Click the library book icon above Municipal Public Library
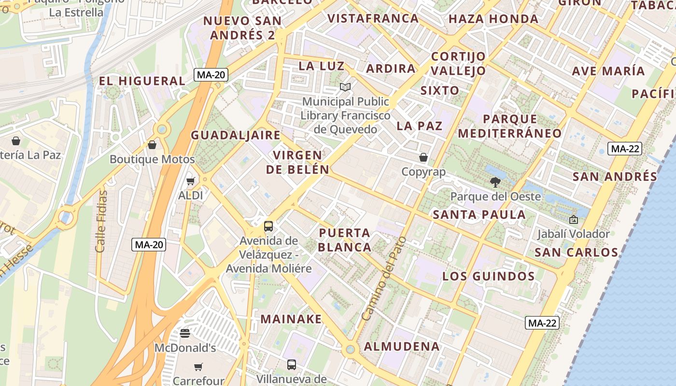click(x=345, y=87)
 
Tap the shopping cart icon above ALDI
click(x=191, y=181)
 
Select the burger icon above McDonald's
click(x=185, y=333)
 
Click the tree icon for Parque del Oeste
click(x=495, y=182)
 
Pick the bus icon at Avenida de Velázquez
click(x=268, y=226)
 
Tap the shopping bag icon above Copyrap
click(x=423, y=157)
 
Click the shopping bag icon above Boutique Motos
click(x=152, y=144)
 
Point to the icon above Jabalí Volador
click(x=574, y=220)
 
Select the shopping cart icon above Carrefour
click(x=198, y=367)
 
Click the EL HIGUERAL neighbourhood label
click(x=142, y=81)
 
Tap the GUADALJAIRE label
click(x=236, y=135)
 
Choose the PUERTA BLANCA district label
click(x=345, y=240)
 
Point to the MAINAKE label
click(x=291, y=319)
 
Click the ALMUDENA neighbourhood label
click(x=402, y=346)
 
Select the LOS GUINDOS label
click(x=489, y=276)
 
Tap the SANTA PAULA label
click(x=479, y=215)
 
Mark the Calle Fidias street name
click(x=102, y=221)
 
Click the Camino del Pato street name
click(x=384, y=280)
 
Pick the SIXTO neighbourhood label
click(x=440, y=91)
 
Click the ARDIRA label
click(x=391, y=69)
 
